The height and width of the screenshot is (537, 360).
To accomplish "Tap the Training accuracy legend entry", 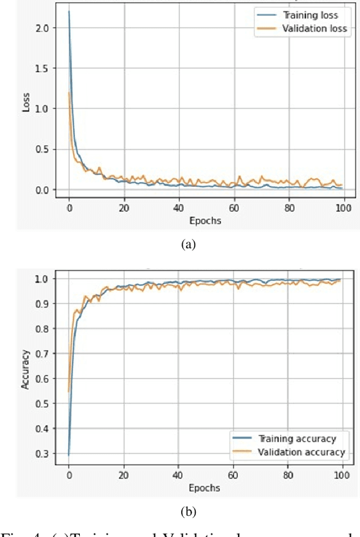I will click(296, 439).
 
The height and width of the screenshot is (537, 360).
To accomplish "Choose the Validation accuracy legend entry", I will click(300, 452).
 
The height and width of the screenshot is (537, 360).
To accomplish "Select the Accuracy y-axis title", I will click(25, 368).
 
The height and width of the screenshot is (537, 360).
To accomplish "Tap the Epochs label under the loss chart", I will click(205, 220).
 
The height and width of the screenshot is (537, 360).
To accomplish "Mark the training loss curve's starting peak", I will click(69, 11).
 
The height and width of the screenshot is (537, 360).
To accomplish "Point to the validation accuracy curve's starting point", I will click(69, 391).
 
